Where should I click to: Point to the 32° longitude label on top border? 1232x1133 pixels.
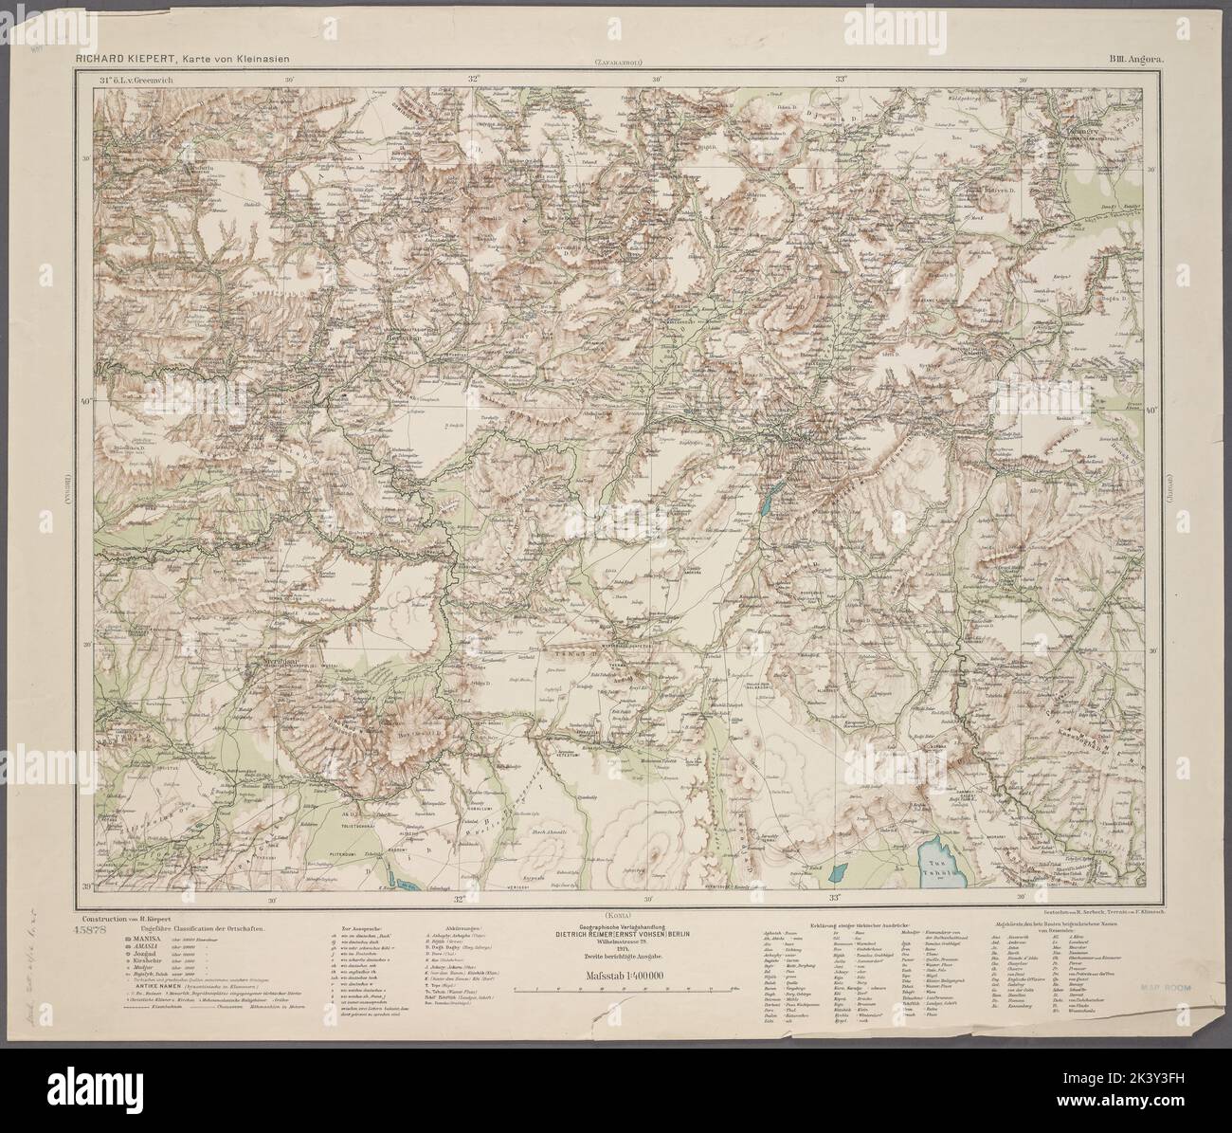473,80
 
